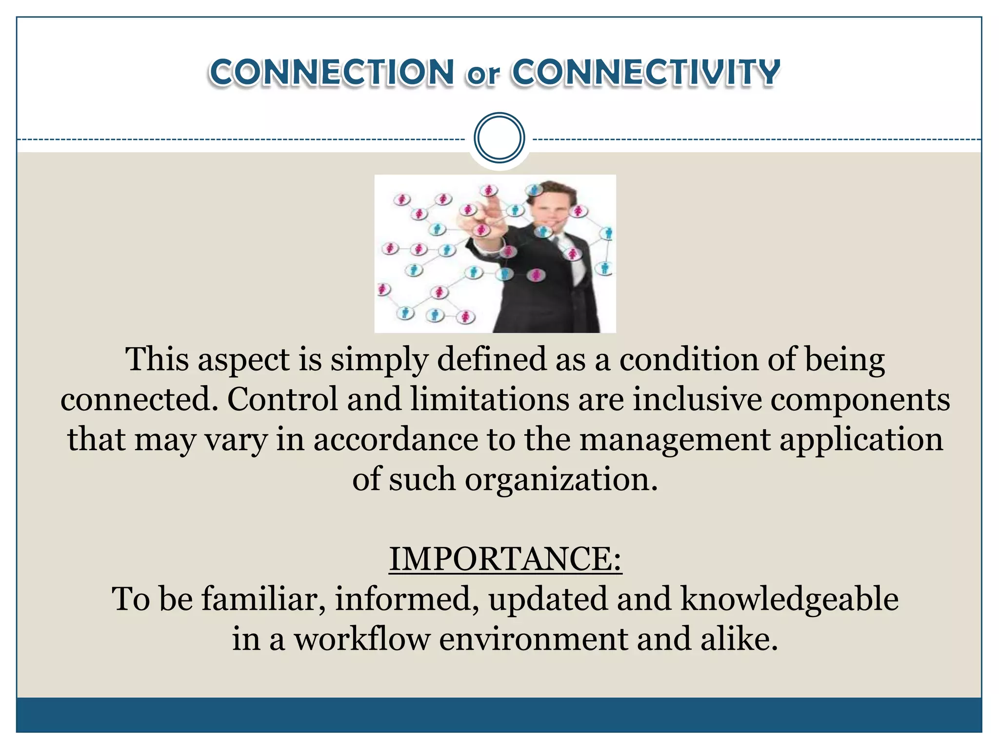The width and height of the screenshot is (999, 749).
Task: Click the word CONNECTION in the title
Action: tap(332, 73)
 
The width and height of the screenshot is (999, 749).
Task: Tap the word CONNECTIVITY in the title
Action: tap(646, 73)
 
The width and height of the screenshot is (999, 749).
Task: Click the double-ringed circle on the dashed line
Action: tap(499, 138)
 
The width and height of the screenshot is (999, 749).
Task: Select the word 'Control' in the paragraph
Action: tap(282, 399)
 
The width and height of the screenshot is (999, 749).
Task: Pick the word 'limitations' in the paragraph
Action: tap(489, 399)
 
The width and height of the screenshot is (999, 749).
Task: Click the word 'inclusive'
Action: tap(697, 399)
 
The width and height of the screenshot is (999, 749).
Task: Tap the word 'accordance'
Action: tap(395, 439)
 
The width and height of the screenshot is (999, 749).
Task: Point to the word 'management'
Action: tap(674, 439)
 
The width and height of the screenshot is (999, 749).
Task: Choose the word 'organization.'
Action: tap(561, 480)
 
